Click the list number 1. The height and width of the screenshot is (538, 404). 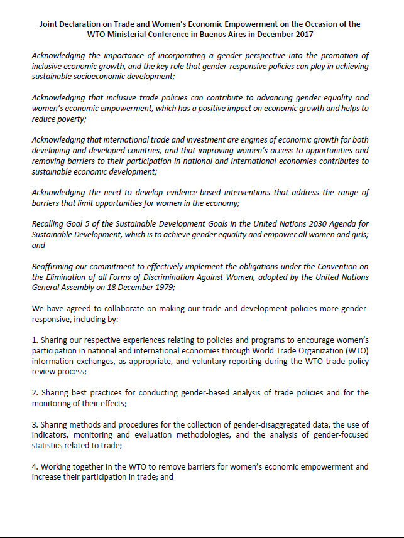(x=35, y=340)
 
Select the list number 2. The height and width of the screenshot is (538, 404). (x=35, y=393)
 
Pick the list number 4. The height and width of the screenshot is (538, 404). (x=35, y=467)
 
